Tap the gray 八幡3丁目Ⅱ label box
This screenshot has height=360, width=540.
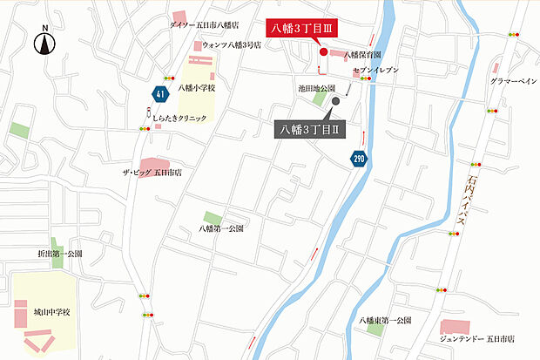coord(310,129)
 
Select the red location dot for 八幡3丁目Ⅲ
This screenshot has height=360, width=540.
coord(323,52)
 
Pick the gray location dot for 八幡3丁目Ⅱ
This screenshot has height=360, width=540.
coord(335,100)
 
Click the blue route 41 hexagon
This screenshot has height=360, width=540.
coord(159,93)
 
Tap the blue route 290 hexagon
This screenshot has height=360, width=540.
coord(359,159)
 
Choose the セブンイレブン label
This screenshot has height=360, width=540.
coord(376,69)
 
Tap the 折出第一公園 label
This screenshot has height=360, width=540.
coord(60,254)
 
